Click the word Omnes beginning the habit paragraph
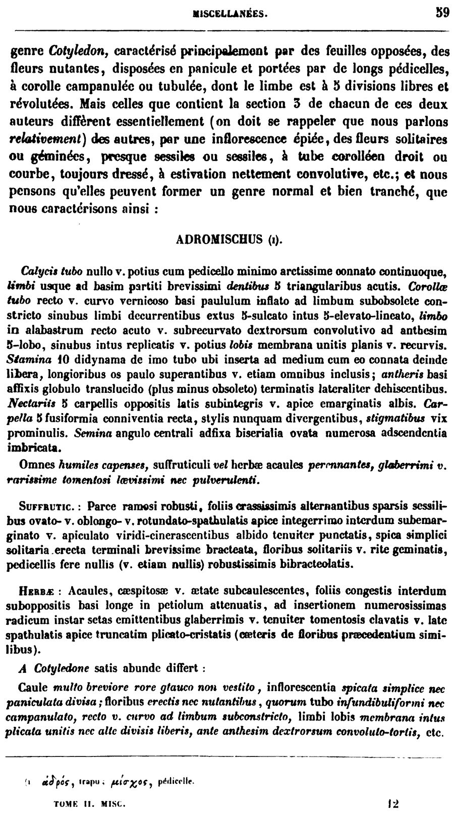click(x=37, y=465)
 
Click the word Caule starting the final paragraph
click(x=33, y=687)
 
